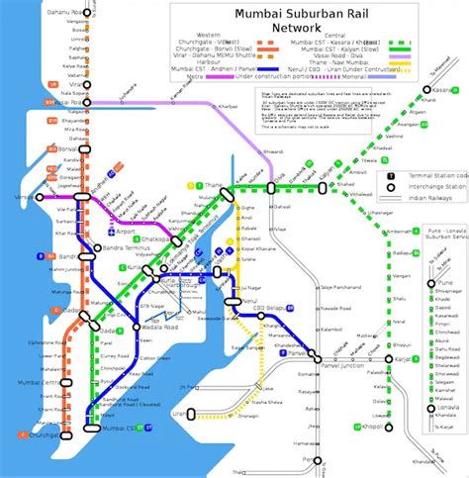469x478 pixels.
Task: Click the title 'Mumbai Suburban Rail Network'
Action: coord(296,20)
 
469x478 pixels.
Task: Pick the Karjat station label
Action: coord(407,359)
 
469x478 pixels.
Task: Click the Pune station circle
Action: coord(432,282)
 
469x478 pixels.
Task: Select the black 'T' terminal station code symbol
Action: coord(393,174)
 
